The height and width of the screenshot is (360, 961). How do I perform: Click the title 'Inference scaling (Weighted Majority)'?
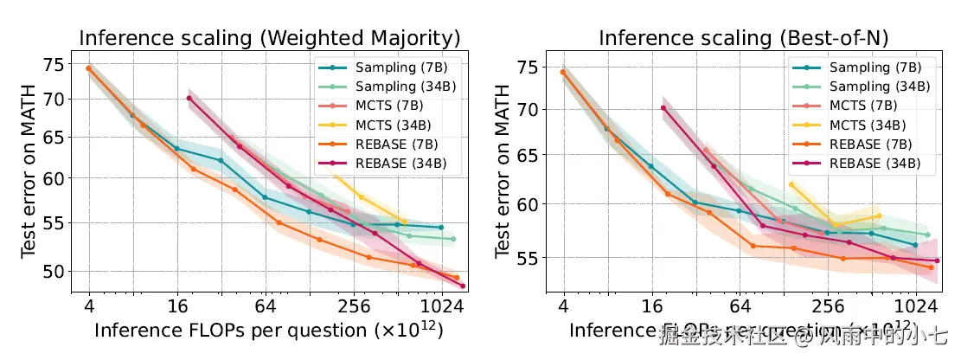(x=269, y=38)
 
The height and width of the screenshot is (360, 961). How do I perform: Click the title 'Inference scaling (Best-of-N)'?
(x=744, y=38)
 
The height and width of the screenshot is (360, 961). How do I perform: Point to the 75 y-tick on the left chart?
(x=53, y=64)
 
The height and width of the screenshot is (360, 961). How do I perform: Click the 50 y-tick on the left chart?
(x=53, y=271)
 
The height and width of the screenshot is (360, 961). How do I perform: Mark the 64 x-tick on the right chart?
(x=740, y=305)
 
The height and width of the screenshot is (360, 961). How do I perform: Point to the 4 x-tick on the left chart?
(x=89, y=305)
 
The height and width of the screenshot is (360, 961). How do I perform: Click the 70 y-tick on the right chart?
(x=527, y=110)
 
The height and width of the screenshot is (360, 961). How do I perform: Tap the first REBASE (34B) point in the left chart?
(x=189, y=98)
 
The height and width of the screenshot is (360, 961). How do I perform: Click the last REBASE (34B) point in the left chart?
(x=463, y=286)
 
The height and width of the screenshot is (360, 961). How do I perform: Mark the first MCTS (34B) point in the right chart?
(x=791, y=184)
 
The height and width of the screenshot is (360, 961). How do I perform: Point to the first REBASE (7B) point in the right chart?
(x=563, y=72)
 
